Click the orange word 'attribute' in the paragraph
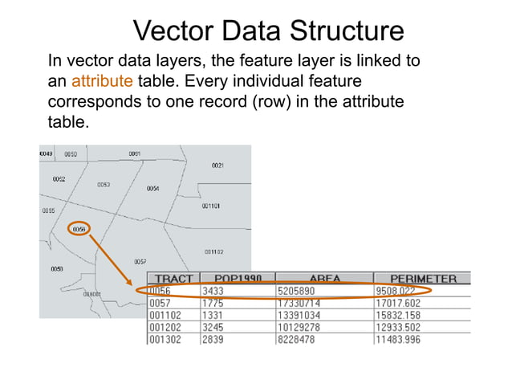pos(101,81)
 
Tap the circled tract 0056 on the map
pos(79,229)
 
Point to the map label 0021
pos(217,165)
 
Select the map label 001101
pos(211,206)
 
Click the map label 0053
pos(104,185)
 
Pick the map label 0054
pos(152,189)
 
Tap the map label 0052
pos(59,179)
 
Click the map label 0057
pos(140,262)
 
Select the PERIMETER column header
pos(424,279)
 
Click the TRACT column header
pos(173,279)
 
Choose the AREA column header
pos(324,279)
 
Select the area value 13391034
pos(299,315)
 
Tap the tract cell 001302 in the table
pos(165,340)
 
